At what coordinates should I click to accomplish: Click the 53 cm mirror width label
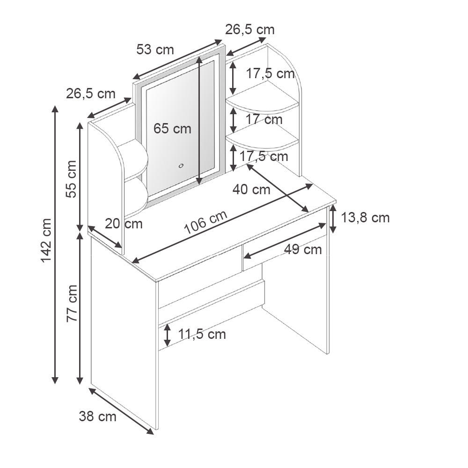(155, 49)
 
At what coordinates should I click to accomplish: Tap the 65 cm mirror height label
(172, 128)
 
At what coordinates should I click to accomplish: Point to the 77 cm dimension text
(72, 303)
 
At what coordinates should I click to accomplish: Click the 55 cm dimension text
(72, 179)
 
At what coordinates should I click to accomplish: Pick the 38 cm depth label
(97, 416)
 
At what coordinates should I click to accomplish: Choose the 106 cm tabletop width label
(205, 223)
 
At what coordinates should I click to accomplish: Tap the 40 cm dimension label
(251, 190)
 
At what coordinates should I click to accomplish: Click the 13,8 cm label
(366, 218)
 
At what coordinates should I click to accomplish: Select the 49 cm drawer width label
(303, 249)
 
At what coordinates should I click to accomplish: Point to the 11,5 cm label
(202, 334)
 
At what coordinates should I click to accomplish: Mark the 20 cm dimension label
(124, 223)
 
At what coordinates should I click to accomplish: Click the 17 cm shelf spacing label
(264, 119)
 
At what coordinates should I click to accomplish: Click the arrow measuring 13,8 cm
(333, 219)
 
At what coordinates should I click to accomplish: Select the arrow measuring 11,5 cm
(167, 334)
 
